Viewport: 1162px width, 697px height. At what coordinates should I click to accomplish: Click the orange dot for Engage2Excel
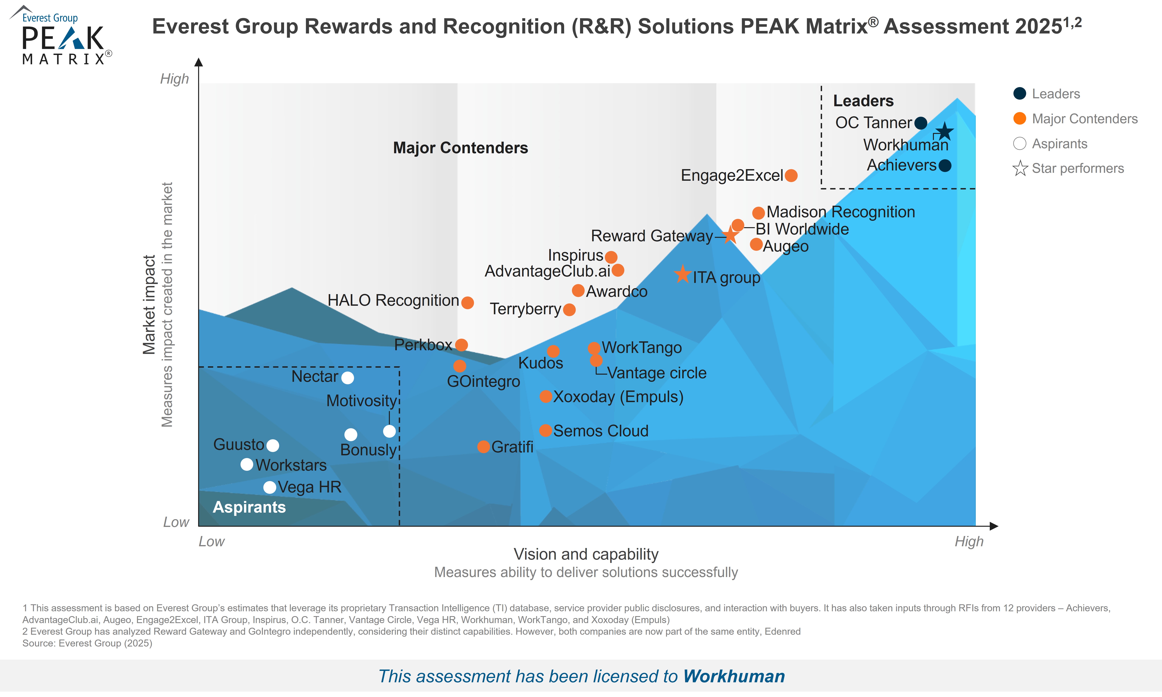click(x=791, y=176)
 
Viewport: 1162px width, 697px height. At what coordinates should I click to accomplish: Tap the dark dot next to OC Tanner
click(x=921, y=123)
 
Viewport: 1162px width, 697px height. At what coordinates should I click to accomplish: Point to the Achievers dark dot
click(x=945, y=165)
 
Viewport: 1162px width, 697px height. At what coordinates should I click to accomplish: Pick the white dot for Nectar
click(x=347, y=378)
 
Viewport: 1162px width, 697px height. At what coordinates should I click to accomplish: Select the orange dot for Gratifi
click(x=483, y=447)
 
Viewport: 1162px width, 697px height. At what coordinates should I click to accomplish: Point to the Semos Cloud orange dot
click(x=545, y=430)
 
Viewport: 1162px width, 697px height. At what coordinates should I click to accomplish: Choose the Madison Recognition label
click(x=840, y=212)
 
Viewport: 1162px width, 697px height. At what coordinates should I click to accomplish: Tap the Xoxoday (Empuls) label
click(x=618, y=397)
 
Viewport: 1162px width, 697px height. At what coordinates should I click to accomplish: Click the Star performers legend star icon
click(x=1020, y=168)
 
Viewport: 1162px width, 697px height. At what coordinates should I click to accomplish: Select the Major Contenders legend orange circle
click(x=1020, y=118)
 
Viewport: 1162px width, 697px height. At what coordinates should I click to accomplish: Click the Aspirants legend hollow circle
click(x=1020, y=143)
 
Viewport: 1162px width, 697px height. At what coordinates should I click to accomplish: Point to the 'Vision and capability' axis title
click(x=586, y=554)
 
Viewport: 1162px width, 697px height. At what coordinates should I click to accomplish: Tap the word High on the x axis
click(x=969, y=542)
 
